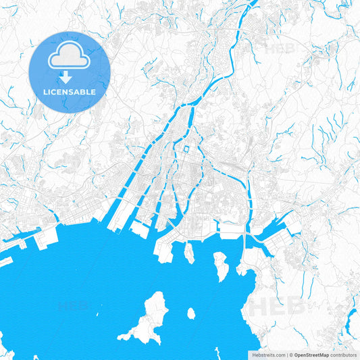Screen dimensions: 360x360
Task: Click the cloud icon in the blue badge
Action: point(69,57)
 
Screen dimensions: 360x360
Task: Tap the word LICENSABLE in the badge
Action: point(69,91)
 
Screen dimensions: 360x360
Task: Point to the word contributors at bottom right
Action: point(343,354)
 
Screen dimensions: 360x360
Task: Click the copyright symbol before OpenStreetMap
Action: point(291,354)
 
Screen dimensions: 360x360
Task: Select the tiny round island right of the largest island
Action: point(191,313)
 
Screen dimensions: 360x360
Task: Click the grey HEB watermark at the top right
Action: point(279,49)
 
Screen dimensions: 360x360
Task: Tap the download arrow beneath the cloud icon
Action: point(69,76)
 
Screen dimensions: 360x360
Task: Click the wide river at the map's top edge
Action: point(252,5)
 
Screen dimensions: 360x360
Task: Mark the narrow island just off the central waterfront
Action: point(189,253)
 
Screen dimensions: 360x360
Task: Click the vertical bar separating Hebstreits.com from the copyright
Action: point(286,354)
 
